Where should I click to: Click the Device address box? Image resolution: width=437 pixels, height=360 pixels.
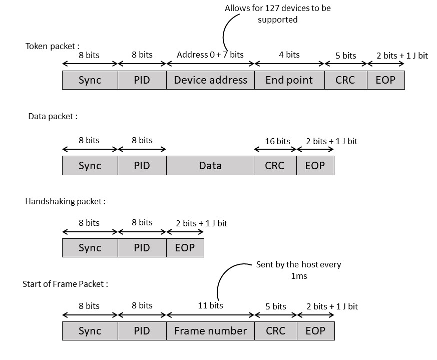211,80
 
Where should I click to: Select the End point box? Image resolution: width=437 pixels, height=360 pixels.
289,80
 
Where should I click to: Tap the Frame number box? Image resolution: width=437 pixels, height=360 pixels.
211,331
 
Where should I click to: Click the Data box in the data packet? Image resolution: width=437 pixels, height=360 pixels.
211,166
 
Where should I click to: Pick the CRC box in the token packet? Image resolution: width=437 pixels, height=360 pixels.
345,80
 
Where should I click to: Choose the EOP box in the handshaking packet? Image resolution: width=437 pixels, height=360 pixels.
185,248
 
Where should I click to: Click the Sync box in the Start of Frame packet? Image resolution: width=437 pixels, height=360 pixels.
90,331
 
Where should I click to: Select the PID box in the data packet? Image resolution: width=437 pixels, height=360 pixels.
142,166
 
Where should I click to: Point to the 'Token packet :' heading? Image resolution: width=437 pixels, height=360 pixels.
53,46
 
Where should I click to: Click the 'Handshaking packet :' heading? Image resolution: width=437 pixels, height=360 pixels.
66,201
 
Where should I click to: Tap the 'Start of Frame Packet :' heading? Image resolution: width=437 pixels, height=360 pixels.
66,284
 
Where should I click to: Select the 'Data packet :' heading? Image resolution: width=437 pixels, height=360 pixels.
53,116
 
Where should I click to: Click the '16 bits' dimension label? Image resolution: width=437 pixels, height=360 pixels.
277,141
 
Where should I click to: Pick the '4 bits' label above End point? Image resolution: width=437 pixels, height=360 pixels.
289,54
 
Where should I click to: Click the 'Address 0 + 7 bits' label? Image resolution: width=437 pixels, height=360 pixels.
210,54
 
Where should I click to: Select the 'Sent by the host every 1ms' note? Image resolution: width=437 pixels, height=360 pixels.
298,270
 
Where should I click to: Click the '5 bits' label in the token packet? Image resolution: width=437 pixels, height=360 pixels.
345,55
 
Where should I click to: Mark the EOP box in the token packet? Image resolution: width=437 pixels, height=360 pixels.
385,80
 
